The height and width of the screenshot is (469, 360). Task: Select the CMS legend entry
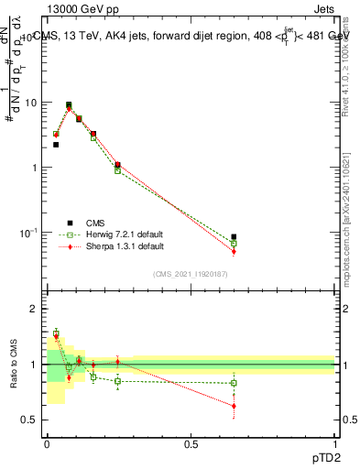[x=94, y=223]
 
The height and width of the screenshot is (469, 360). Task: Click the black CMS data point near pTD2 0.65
[x=234, y=237]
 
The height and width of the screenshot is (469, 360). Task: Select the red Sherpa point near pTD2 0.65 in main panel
[x=234, y=251]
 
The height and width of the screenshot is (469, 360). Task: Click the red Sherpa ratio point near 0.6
[x=234, y=406]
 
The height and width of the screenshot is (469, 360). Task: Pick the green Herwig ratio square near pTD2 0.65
[x=234, y=383]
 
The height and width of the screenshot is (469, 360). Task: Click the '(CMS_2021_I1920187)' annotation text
[x=189, y=273]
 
